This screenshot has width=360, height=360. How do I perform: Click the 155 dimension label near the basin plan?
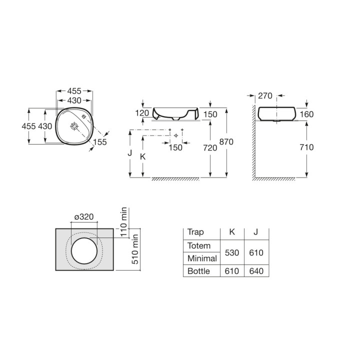(x=100, y=142)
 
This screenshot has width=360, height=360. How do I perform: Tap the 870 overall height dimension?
(x=226, y=141)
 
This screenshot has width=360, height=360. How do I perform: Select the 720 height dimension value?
(x=210, y=148)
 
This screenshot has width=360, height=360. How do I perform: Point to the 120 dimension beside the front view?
(x=142, y=113)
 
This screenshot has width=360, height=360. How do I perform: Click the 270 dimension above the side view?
(x=265, y=95)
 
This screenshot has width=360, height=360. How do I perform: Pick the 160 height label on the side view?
(x=306, y=114)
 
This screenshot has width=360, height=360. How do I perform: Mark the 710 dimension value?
(x=306, y=147)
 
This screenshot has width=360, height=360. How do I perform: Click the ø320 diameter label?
(x=84, y=216)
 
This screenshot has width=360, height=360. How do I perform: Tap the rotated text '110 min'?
(x=124, y=222)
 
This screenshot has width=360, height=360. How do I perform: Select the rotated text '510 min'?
(x=135, y=249)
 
